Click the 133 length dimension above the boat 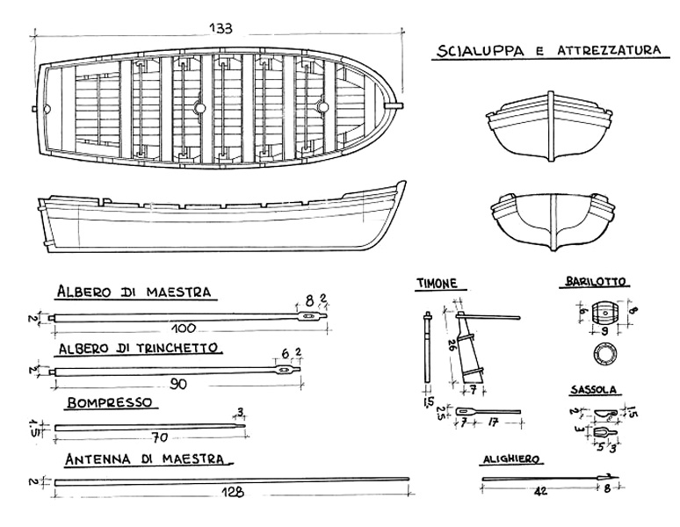point(221,28)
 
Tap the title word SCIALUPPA point(478,51)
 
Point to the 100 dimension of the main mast point(183,328)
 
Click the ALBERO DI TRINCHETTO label point(138,348)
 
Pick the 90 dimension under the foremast point(177,383)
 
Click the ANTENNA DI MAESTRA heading point(148,459)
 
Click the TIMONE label point(442,283)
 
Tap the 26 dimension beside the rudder point(452,345)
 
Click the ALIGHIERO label point(510,458)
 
